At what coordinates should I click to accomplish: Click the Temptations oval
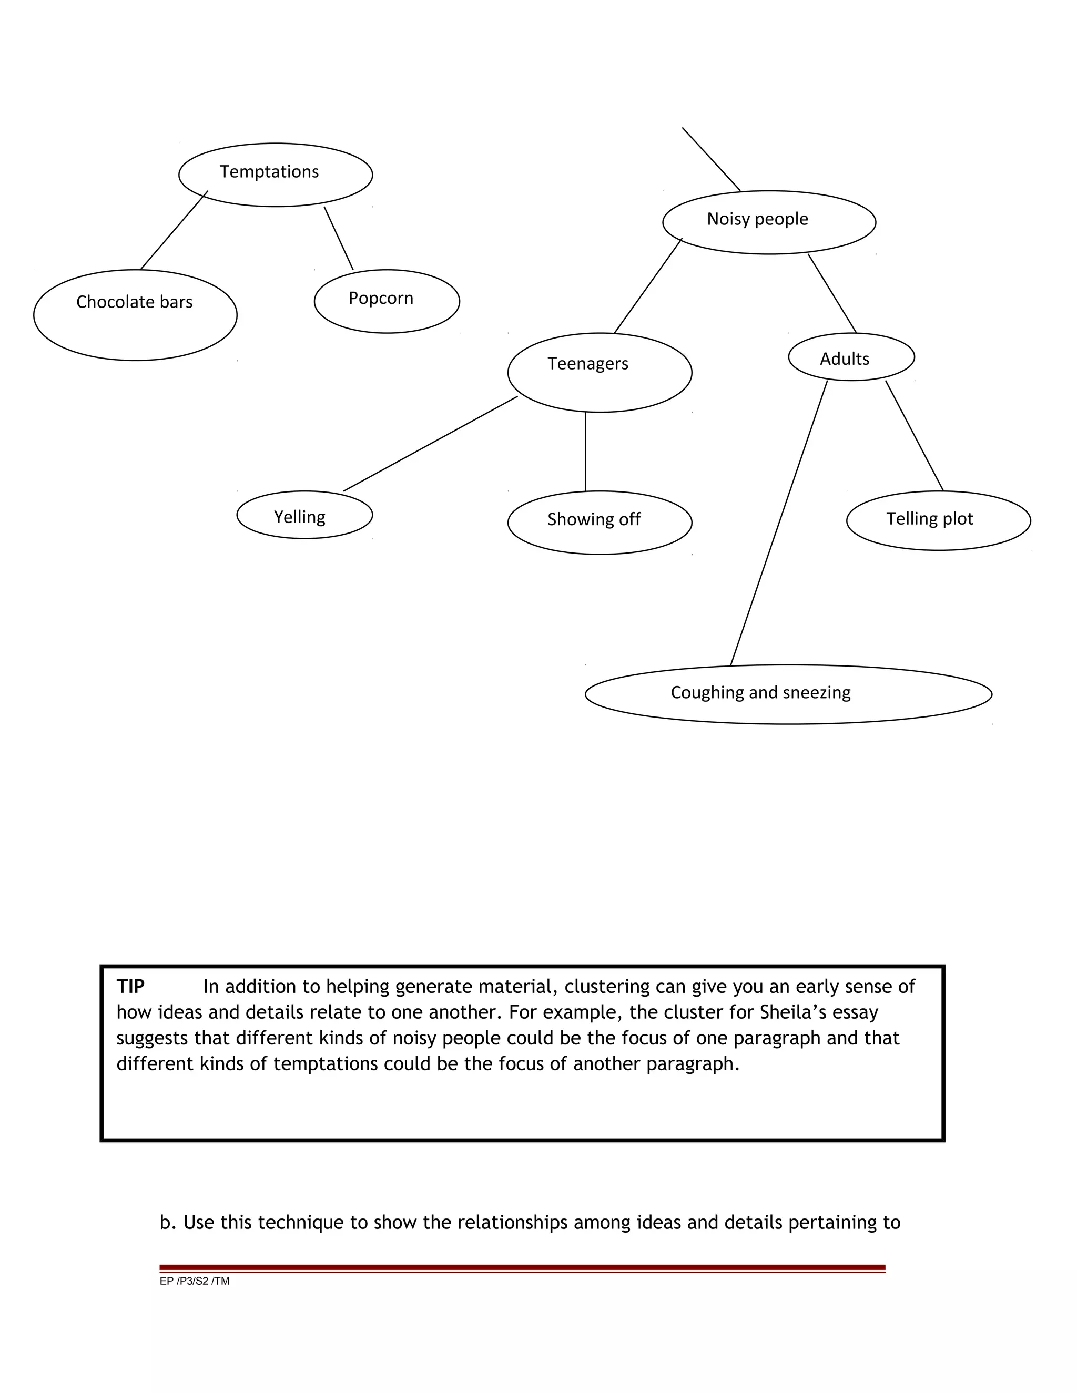pyautogui.click(x=275, y=174)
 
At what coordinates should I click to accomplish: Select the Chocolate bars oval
pyautogui.click(x=135, y=314)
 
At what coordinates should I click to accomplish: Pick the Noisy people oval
pyautogui.click(x=769, y=222)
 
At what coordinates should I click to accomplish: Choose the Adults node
pyautogui.click(x=851, y=356)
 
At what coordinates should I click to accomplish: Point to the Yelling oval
pyautogui.click(x=304, y=515)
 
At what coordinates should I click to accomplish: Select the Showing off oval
pyautogui.click(x=599, y=522)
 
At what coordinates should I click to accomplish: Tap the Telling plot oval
pyautogui.click(x=938, y=520)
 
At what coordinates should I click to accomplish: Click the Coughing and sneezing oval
pyautogui.click(x=788, y=694)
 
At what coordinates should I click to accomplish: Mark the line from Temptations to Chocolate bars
pyautogui.click(x=174, y=230)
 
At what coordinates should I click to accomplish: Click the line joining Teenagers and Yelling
pyautogui.click(x=431, y=443)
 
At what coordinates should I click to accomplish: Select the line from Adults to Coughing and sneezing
pyautogui.click(x=778, y=523)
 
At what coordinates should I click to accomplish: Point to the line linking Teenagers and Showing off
pyautogui.click(x=585, y=452)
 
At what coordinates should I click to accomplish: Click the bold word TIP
pyautogui.click(x=130, y=987)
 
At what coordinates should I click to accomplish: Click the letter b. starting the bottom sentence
pyautogui.click(x=167, y=1223)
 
